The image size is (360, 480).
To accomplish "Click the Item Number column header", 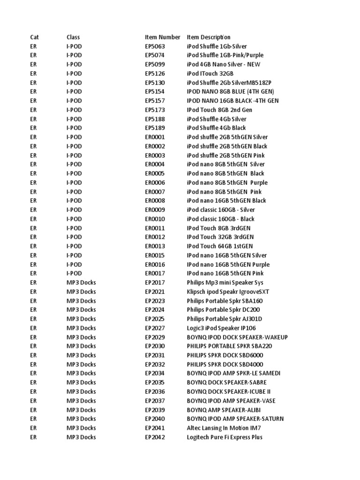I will coord(162,37).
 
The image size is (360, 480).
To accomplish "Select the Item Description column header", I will coord(209,37).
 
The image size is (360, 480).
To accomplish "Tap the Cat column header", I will coord(34,37).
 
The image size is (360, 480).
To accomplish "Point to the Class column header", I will coord(73,37).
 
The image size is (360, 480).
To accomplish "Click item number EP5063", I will coord(155,46).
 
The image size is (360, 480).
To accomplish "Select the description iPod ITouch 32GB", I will coord(210,74).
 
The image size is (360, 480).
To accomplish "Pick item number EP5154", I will coord(155,92).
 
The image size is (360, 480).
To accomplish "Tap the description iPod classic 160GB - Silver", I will coord(221,210).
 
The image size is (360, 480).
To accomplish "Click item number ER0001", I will coord(155,137).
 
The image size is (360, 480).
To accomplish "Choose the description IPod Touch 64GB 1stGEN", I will coord(220,246).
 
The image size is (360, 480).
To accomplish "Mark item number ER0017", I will coord(155,273).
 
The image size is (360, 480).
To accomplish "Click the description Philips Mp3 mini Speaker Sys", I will coord(225,283).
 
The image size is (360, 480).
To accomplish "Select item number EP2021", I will coord(155,292).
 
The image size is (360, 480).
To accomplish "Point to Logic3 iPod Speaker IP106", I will coord(221,328).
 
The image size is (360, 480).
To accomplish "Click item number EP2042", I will coord(155,437).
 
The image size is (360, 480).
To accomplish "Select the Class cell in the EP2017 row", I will coord(81,283).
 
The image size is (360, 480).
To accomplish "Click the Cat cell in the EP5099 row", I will coord(33,65).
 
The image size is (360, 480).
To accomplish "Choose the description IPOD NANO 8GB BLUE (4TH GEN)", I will coord(231,92).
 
